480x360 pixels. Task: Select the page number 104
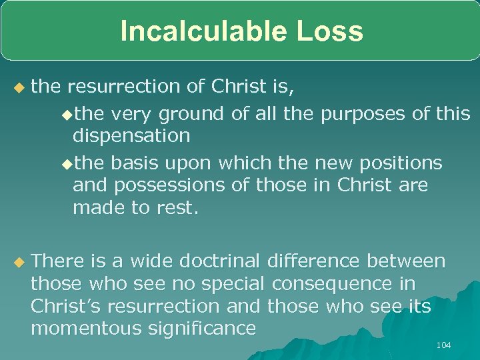tap(443, 345)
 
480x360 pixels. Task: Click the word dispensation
tap(131, 137)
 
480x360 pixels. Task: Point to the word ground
tap(193, 115)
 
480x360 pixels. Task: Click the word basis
tap(133, 163)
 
